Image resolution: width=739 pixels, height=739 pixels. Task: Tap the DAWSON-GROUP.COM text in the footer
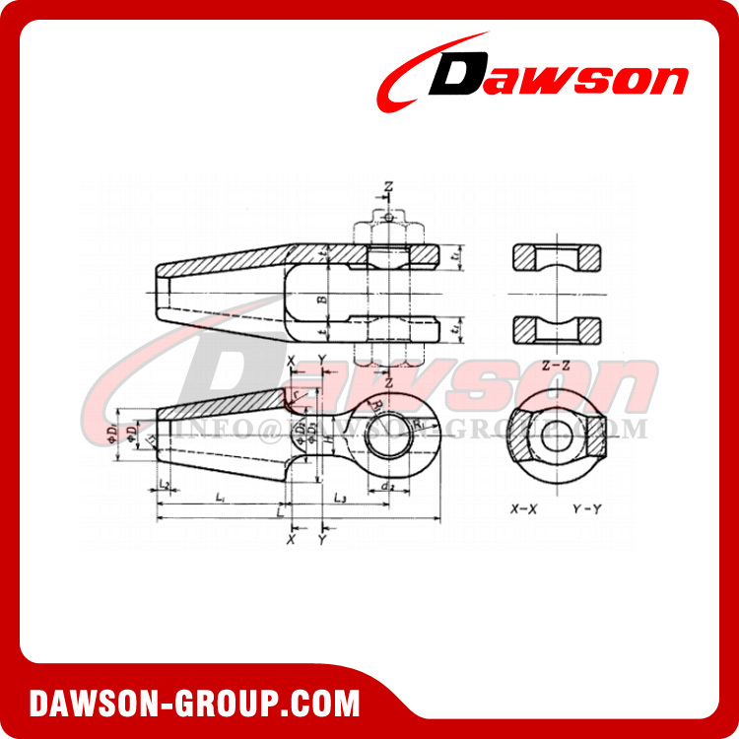[x=194, y=705]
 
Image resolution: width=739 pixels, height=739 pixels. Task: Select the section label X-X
[x=523, y=510]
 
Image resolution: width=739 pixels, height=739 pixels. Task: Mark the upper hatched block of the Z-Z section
[x=557, y=258]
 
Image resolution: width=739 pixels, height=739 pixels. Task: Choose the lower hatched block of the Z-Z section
[x=557, y=326]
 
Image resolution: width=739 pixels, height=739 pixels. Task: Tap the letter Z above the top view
[x=389, y=185]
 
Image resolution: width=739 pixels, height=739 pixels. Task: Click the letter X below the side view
[x=291, y=539]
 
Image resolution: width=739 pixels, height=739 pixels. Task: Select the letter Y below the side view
[x=322, y=539]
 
